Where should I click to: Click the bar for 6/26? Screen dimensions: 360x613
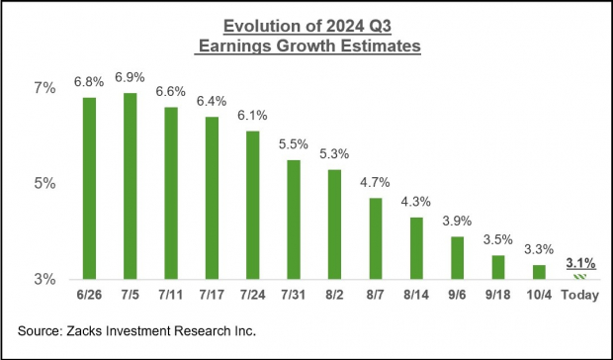pyautogui.click(x=89, y=188)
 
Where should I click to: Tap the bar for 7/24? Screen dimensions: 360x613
pyautogui.click(x=252, y=205)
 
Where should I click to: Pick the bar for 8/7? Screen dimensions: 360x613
pyautogui.click(x=375, y=238)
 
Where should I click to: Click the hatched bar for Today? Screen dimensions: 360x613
pyautogui.click(x=579, y=276)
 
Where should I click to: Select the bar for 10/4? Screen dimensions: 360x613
pyautogui.click(x=539, y=272)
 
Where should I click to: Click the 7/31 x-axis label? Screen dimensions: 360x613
pyautogui.click(x=294, y=295)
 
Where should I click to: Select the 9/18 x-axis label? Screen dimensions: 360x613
pyautogui.click(x=497, y=295)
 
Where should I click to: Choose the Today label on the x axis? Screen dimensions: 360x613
pyautogui.click(x=579, y=295)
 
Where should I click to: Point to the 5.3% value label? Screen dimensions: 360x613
pyautogui.click(x=334, y=154)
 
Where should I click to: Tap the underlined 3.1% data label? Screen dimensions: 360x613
pyautogui.click(x=579, y=262)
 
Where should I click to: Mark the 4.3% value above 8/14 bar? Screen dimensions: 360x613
pyautogui.click(x=416, y=202)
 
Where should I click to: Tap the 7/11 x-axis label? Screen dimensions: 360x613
pyautogui.click(x=171, y=295)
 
